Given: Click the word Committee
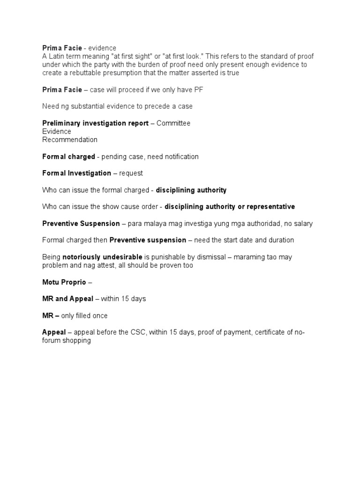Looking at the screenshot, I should click(x=173, y=123).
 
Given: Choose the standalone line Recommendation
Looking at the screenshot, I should click(x=70, y=140).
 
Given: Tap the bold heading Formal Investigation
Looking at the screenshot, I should click(x=76, y=173).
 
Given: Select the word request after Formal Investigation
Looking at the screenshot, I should click(x=131, y=173).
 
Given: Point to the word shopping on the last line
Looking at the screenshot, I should click(x=76, y=341).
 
